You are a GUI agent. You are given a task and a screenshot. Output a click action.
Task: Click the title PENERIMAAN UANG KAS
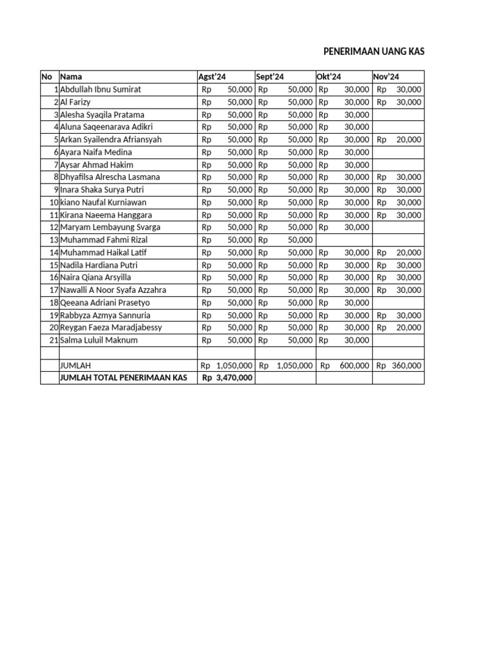pos(374,52)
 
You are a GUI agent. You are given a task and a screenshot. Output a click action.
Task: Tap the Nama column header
pos(71,77)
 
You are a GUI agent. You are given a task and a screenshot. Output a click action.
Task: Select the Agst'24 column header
pos(212,77)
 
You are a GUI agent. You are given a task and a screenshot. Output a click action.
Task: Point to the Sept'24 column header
pos(270,77)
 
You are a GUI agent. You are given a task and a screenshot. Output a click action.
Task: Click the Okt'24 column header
pos(329,77)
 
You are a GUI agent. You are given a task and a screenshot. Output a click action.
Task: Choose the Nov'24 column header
pos(386,77)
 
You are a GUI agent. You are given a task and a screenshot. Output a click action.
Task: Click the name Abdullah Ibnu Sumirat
pos(100,89)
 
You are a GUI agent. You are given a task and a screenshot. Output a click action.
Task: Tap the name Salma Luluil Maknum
pos(99,340)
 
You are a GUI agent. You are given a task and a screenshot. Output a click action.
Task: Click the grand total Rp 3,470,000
pos(227,378)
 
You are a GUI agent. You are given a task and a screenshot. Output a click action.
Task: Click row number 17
pos(54,290)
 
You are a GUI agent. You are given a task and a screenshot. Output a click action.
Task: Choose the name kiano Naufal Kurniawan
pos(103,202)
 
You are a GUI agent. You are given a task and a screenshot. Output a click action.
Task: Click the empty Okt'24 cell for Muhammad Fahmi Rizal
pos(344,240)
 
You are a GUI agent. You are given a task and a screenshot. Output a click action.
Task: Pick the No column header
pos(46,77)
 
